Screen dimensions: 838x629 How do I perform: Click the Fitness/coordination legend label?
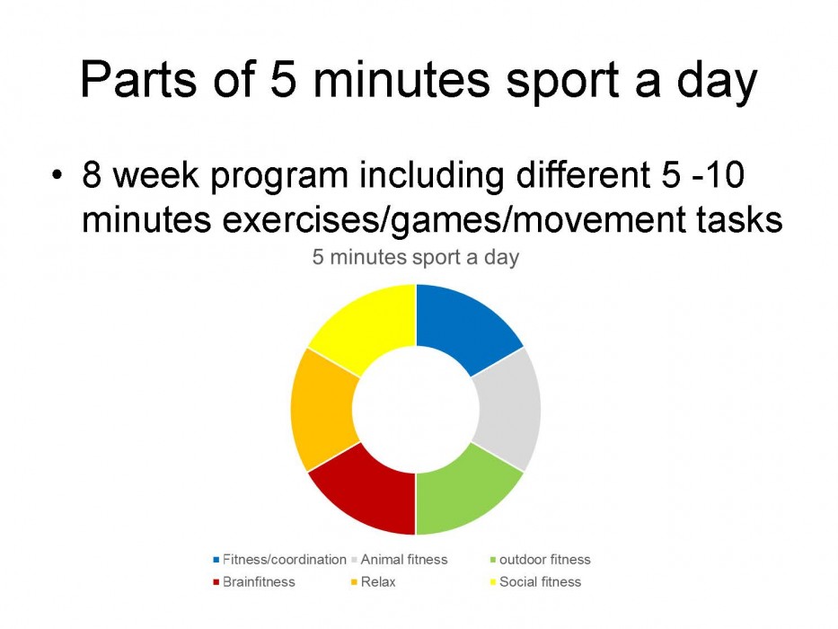[285, 560]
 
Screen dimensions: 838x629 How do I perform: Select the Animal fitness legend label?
[404, 560]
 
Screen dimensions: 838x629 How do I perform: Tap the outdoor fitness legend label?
[544, 560]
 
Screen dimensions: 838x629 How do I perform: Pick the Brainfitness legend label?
[259, 582]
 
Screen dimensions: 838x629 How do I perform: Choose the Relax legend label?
[378, 582]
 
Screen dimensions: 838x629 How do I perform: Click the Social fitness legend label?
[540, 582]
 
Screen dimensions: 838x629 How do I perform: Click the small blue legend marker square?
[216, 560]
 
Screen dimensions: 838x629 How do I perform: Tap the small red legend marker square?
[216, 582]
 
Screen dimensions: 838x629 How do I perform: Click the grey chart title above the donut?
[415, 258]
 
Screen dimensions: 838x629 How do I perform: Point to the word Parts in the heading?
[139, 79]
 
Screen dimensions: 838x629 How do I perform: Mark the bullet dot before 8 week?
[57, 175]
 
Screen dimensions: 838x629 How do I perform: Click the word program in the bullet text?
[278, 178]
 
